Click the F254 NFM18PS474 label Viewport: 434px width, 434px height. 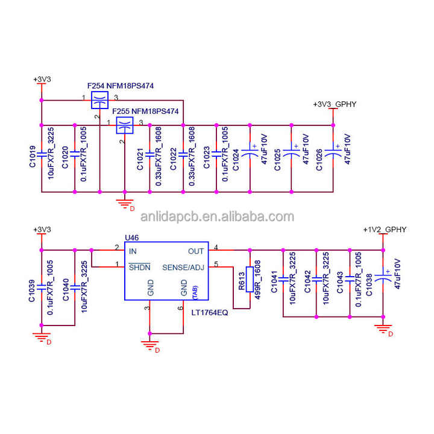click(121, 86)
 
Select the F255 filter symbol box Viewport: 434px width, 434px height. click(124, 125)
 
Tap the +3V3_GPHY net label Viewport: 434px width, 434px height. click(335, 104)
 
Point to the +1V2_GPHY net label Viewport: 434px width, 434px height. click(385, 230)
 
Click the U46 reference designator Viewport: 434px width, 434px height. click(131, 239)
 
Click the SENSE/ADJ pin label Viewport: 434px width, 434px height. click(183, 266)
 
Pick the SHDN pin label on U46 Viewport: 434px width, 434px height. click(139, 266)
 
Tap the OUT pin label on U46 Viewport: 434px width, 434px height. click(196, 251)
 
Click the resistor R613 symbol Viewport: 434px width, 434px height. click(249, 279)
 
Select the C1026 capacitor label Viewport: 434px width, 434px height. click(319, 159)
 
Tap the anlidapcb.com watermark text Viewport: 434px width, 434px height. click(217, 217)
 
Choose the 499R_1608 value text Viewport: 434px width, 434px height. click(257, 275)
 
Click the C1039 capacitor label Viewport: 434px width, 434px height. click(32, 290)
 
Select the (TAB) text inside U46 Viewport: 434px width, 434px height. click(195, 293)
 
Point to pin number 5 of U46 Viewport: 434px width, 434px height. click(216, 263)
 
